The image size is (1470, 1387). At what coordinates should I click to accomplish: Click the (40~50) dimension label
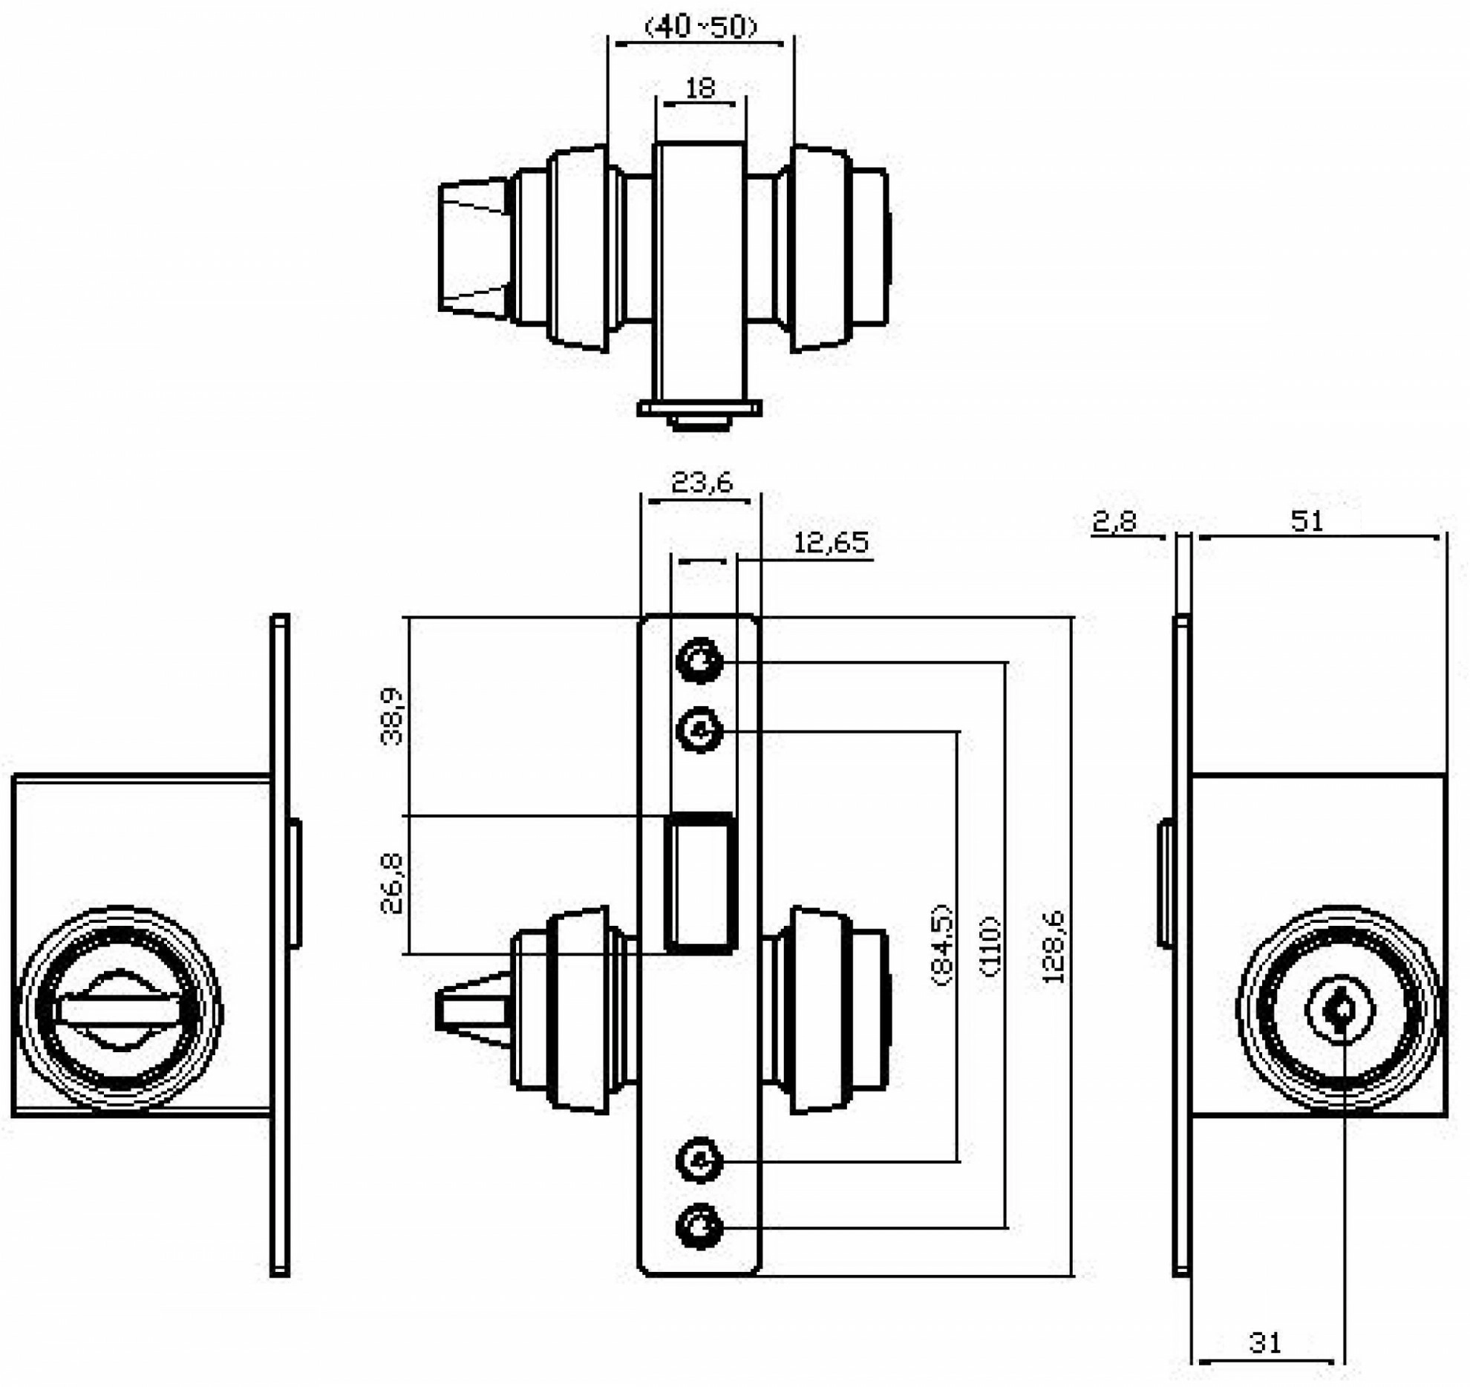pyautogui.click(x=701, y=27)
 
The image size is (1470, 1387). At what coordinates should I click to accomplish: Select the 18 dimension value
pyautogui.click(x=699, y=88)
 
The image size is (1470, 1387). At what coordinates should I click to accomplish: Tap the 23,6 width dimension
pyautogui.click(x=702, y=483)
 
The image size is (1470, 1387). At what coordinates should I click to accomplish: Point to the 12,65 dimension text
pyautogui.click(x=831, y=543)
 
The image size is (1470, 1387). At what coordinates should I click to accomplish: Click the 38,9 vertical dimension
pyautogui.click(x=391, y=717)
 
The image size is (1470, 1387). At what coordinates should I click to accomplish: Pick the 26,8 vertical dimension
pyautogui.click(x=391, y=883)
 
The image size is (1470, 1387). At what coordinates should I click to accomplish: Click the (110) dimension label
pyautogui.click(x=990, y=946)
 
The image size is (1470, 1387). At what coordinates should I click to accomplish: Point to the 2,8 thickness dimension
pyautogui.click(x=1114, y=521)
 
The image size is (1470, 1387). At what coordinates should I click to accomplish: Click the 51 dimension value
pyautogui.click(x=1307, y=521)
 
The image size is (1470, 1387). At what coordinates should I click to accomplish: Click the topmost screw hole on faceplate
pyautogui.click(x=699, y=659)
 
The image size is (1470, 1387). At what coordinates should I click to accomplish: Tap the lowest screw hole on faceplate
pyautogui.click(x=699, y=1227)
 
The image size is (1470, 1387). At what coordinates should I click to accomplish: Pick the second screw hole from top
pyautogui.click(x=699, y=731)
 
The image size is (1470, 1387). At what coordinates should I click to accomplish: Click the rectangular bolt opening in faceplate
pyautogui.click(x=701, y=882)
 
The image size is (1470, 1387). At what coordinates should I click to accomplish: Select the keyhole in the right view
pyautogui.click(x=1340, y=1011)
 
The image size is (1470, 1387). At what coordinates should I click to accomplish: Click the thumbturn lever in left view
pyautogui.click(x=120, y=1010)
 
